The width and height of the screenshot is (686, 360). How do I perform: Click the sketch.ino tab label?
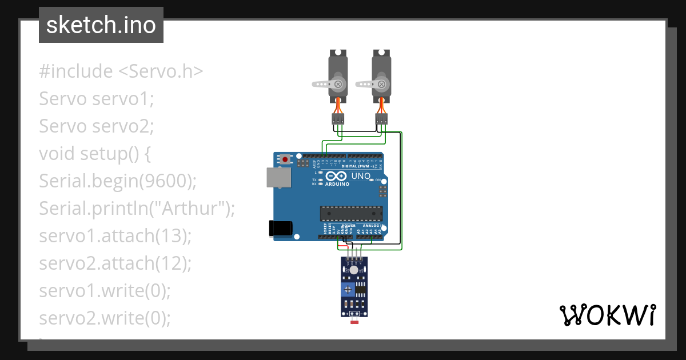click(x=101, y=25)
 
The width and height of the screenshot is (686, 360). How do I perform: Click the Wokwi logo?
click(x=607, y=315)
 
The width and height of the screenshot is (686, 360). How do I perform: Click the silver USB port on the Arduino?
click(x=278, y=177)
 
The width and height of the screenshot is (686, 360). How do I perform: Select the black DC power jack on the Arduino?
click(x=281, y=228)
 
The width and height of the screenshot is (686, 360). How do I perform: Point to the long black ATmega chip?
click(x=350, y=214)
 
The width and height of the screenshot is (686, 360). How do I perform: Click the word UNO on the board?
click(x=361, y=176)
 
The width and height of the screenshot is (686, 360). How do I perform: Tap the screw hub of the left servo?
click(x=338, y=84)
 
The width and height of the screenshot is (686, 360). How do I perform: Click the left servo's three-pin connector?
click(x=338, y=119)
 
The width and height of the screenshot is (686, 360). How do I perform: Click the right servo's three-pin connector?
click(x=381, y=119)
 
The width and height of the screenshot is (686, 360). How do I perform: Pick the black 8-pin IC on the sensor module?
click(x=361, y=289)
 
